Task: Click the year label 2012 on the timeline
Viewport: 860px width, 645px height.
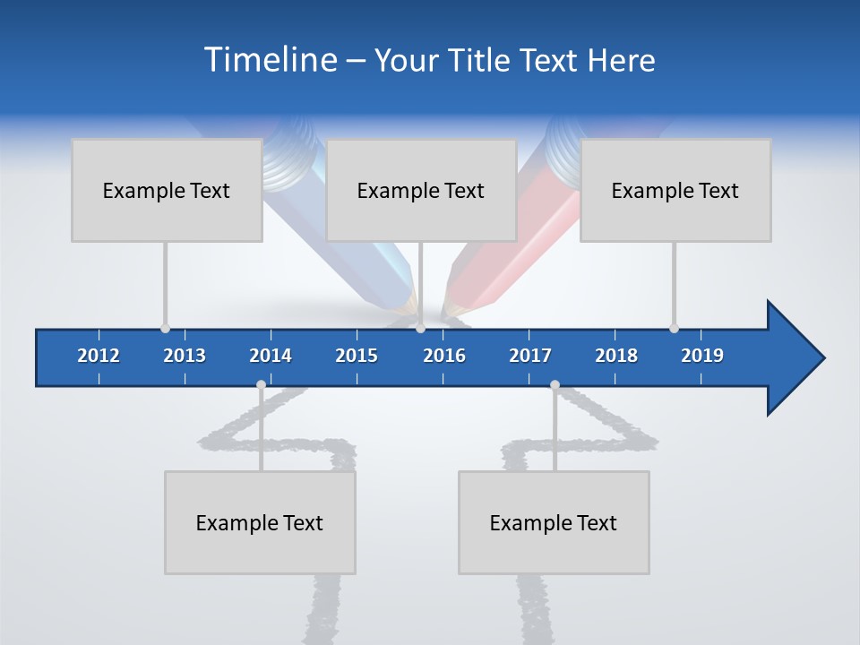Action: (x=99, y=356)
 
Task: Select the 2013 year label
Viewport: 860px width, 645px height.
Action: (x=185, y=356)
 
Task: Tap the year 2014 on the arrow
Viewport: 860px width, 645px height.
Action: (x=271, y=356)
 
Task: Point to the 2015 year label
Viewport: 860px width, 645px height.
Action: (x=357, y=356)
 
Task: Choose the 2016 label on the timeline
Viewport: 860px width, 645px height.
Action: (x=444, y=356)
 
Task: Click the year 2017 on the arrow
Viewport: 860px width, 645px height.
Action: (x=530, y=356)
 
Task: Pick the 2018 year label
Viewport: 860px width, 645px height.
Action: (x=616, y=356)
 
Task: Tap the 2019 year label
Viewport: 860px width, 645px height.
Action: (x=702, y=356)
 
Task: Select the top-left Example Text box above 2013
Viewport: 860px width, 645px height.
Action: (x=167, y=190)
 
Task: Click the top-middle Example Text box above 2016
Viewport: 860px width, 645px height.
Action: (x=421, y=190)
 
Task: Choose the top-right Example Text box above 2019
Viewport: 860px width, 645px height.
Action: (x=675, y=190)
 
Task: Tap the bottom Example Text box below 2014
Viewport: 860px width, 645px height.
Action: (x=260, y=522)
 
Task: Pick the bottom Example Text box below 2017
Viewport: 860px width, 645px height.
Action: (x=554, y=522)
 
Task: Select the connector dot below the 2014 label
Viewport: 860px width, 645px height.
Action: (x=261, y=384)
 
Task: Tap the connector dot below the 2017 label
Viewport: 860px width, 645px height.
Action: (x=555, y=384)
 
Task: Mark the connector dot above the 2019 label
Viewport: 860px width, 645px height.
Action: (x=674, y=328)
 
